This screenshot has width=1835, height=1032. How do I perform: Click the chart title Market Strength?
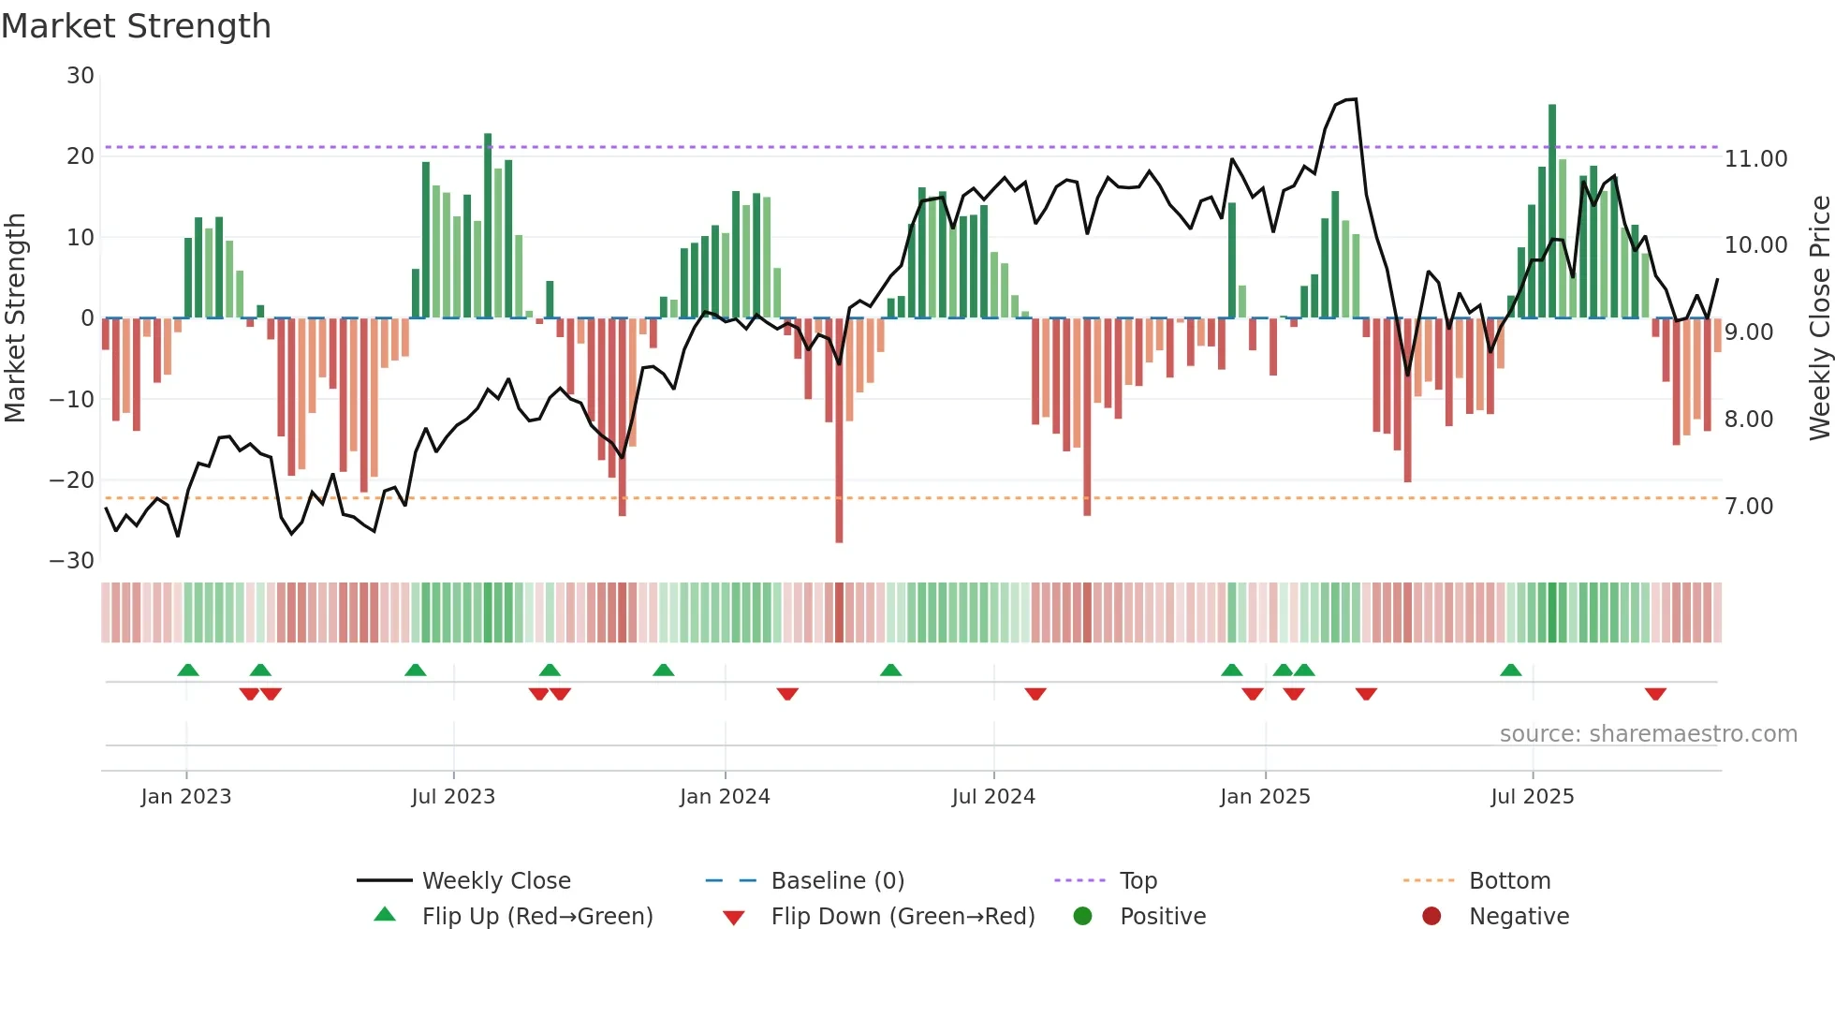pos(136,26)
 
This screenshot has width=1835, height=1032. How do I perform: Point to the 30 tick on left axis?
pos(81,76)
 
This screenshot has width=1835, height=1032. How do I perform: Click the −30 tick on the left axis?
pos(72,561)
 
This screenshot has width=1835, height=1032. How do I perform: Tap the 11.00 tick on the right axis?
pos(1755,159)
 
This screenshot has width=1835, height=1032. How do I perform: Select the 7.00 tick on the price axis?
pos(1748,507)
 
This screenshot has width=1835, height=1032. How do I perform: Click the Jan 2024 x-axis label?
pos(724,797)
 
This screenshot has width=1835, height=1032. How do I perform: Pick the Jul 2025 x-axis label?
pos(1532,797)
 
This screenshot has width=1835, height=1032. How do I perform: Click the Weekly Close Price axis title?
pos(1819,318)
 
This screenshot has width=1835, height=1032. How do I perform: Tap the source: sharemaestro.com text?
pos(1648,734)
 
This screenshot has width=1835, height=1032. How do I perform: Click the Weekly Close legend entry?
pos(495,881)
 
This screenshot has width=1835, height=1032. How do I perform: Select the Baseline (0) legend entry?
pos(837,881)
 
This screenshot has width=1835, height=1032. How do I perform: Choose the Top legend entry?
pos(1138,881)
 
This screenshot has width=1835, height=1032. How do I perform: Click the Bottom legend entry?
pos(1509,881)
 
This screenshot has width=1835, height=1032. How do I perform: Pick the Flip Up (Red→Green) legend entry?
pos(536,917)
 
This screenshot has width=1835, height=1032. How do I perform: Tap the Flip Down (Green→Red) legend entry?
pos(903,917)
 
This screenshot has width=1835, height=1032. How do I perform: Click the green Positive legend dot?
pos(1083,917)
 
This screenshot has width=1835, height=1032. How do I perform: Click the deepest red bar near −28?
pos(839,431)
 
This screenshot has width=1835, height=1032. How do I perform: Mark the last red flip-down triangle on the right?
pos(1655,694)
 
